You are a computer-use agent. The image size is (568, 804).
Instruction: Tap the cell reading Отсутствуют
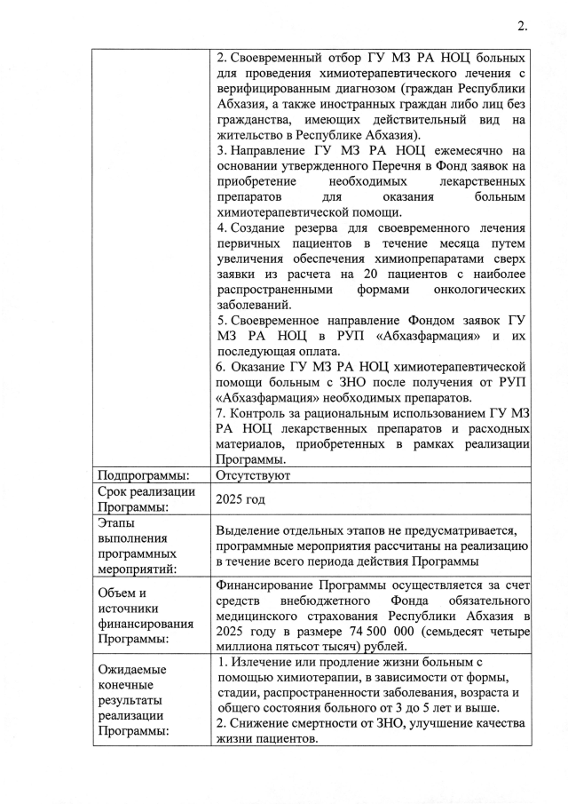coord(251,475)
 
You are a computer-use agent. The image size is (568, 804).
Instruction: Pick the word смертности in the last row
coord(327,724)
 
